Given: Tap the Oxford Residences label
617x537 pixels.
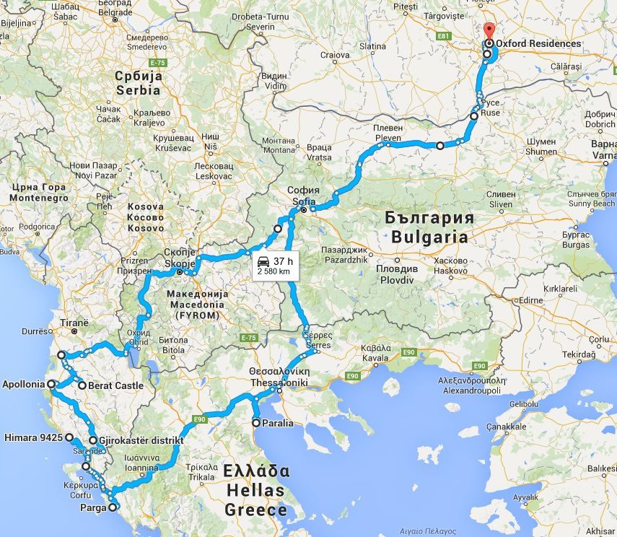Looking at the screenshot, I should point(538,43).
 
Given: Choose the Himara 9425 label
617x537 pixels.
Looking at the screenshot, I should point(32,437).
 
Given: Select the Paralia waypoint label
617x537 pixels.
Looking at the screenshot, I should point(277,423).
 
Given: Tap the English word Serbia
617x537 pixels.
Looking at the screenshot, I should point(139,91).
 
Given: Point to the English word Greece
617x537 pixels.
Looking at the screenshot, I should point(256,510).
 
